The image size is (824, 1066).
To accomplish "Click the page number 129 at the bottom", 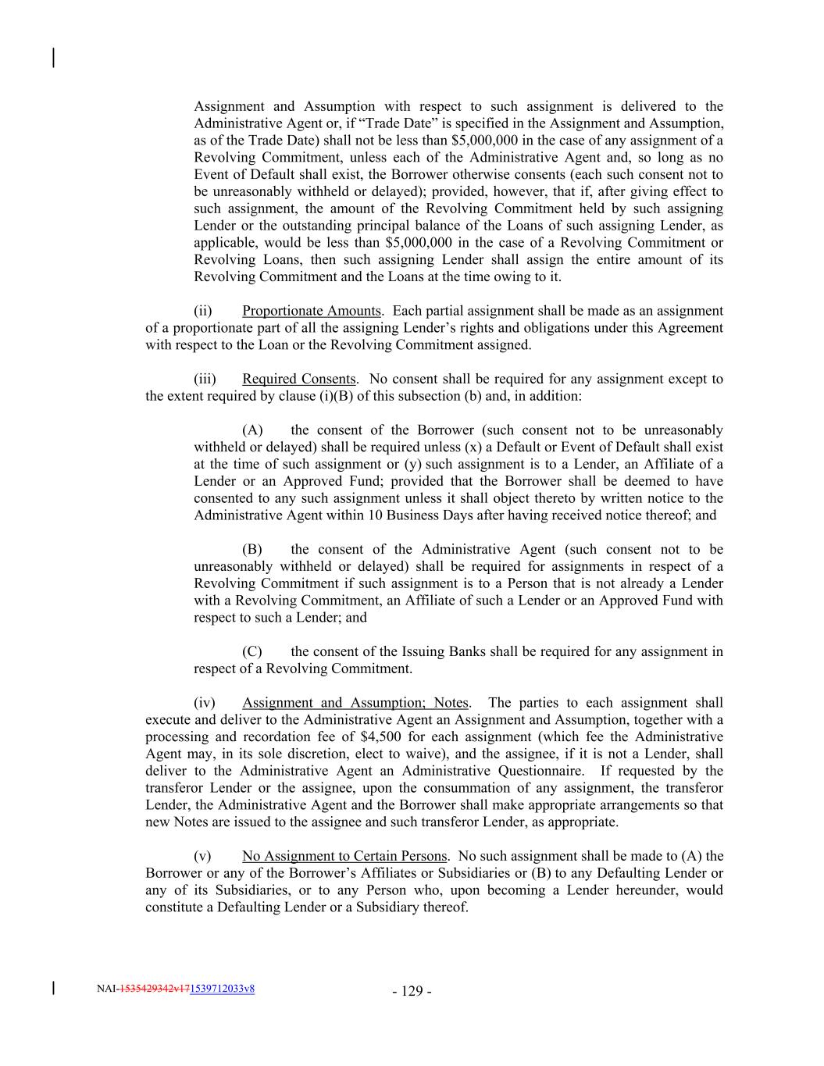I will [412, 992].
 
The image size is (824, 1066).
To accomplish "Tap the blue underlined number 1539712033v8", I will [223, 989].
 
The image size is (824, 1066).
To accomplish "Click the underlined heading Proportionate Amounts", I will [312, 311].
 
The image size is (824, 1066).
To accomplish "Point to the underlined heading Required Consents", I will [299, 379].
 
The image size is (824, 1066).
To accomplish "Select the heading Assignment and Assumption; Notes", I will [355, 703].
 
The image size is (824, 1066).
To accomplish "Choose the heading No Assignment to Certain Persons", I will [344, 856].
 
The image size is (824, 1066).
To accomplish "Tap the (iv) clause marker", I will [204, 703].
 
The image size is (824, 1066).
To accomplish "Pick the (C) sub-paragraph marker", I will [252, 651].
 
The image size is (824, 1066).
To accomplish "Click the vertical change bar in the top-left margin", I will [53, 58].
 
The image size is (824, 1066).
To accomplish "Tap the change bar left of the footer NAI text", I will [53, 989].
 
